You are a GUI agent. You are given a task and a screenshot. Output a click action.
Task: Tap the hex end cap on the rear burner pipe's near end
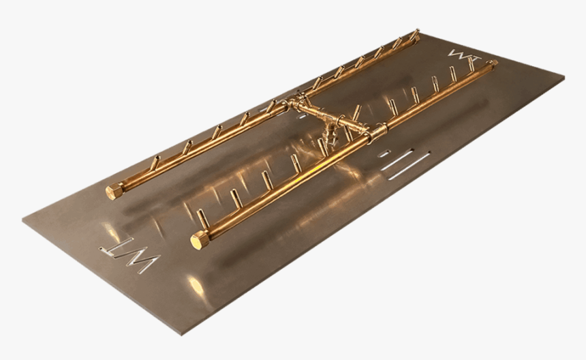click(114, 191)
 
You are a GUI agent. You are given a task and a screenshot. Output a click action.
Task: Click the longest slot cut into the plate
click(406, 163)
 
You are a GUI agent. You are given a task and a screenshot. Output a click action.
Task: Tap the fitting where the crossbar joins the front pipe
click(374, 132)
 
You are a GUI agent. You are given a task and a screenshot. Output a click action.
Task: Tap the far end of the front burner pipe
click(492, 63)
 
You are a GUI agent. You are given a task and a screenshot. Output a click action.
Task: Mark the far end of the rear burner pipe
click(415, 33)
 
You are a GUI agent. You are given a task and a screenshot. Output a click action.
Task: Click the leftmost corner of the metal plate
click(22, 221)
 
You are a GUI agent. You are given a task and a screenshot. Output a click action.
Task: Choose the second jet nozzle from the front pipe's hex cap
click(234, 200)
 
